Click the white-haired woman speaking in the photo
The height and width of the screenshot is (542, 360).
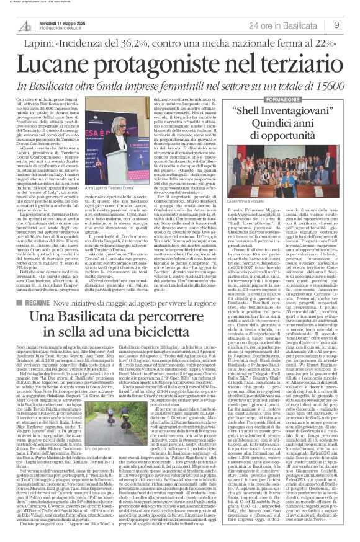point(133,143)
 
